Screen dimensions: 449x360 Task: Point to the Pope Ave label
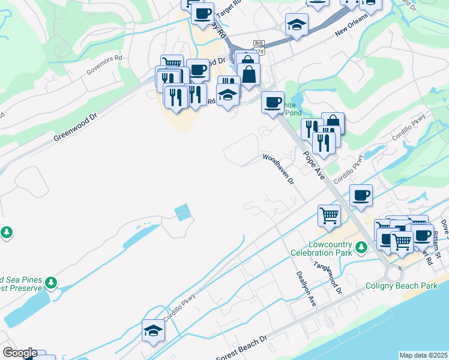click(x=313, y=166)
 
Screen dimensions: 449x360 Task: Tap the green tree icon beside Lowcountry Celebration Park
click(x=361, y=247)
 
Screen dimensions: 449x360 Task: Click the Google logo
click(x=19, y=353)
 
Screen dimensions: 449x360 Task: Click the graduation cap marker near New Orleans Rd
click(x=297, y=25)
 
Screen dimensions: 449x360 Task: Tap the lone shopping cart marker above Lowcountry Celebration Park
click(x=329, y=215)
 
